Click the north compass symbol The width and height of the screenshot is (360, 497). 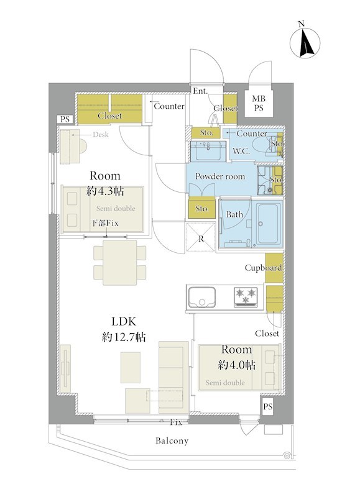pyautogui.click(x=305, y=43)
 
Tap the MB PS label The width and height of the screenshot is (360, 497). pyautogui.click(x=259, y=103)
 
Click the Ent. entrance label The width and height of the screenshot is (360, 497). pyautogui.click(x=200, y=91)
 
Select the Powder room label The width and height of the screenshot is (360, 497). pyautogui.click(x=220, y=176)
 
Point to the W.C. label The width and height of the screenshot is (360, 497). pyautogui.click(x=241, y=151)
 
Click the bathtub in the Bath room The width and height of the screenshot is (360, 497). pyautogui.click(x=269, y=224)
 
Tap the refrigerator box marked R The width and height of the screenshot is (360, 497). pyautogui.click(x=201, y=237)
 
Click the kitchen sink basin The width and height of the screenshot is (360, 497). pyautogui.click(x=201, y=297)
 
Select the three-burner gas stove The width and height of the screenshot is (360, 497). pyautogui.click(x=246, y=297)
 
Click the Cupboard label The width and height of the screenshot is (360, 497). pyautogui.click(x=263, y=268)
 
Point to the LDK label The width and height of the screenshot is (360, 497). pyautogui.click(x=124, y=321)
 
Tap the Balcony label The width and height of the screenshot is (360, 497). pyautogui.click(x=172, y=441)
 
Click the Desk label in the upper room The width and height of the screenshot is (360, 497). pyautogui.click(x=101, y=135)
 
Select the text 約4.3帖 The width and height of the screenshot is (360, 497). pyautogui.click(x=105, y=191)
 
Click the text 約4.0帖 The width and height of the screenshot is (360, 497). pyautogui.click(x=237, y=365)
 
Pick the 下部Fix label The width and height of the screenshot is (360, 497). pyautogui.click(x=105, y=223)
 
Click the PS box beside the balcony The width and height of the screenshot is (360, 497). pyautogui.click(x=268, y=406)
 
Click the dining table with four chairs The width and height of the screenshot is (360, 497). pyautogui.click(x=120, y=262)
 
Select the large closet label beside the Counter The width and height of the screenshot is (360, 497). pyautogui.click(x=109, y=116)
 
